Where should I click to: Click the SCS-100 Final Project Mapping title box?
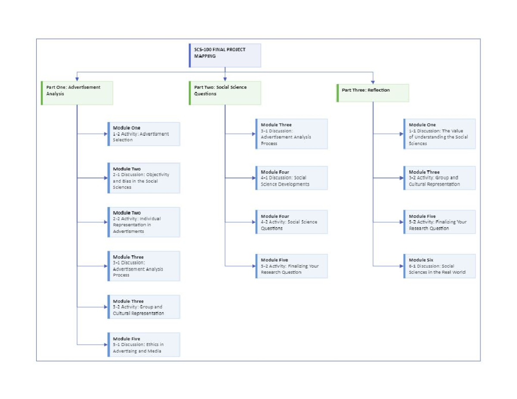225,55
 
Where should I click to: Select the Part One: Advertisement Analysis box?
77,93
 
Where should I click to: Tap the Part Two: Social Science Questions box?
225,93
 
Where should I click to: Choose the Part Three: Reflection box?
373,93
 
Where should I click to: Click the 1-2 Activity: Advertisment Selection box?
143,134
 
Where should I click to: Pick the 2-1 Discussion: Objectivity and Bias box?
143,178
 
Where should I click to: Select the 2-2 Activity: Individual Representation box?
143,222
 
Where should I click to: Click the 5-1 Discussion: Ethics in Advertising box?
143,345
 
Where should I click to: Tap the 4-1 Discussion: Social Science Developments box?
291,178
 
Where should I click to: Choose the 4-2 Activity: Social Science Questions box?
291,222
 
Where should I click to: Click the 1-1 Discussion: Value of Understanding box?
439,134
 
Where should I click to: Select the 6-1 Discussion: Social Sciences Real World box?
439,266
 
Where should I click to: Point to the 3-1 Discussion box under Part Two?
291,134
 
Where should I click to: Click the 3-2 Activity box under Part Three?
439,178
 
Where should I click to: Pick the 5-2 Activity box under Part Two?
291,266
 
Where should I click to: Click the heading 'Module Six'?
421,260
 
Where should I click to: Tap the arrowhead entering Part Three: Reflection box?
373,81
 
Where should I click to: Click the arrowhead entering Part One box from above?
77,79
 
